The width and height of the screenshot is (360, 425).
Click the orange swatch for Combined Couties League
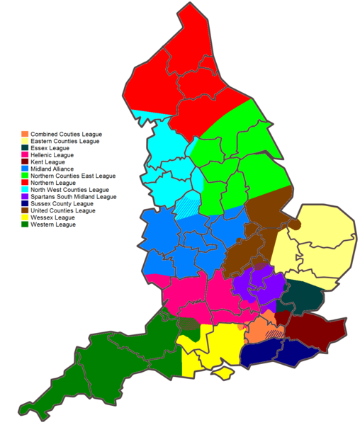point(25,134)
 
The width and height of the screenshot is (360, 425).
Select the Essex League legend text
point(51,148)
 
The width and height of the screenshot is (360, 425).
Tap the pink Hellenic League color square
point(25,155)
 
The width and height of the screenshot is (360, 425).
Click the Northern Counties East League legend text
point(73,176)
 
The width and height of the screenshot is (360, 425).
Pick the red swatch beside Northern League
point(25,183)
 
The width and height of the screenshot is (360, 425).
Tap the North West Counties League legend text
point(69,190)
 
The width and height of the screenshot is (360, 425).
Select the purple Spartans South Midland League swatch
point(25,197)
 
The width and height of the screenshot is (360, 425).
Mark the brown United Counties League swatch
point(25,210)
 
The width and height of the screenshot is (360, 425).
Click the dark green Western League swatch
point(25,225)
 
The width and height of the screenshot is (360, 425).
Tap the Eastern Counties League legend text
point(65,141)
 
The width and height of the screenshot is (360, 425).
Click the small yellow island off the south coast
point(225,372)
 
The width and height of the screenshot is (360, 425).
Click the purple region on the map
point(260,283)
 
